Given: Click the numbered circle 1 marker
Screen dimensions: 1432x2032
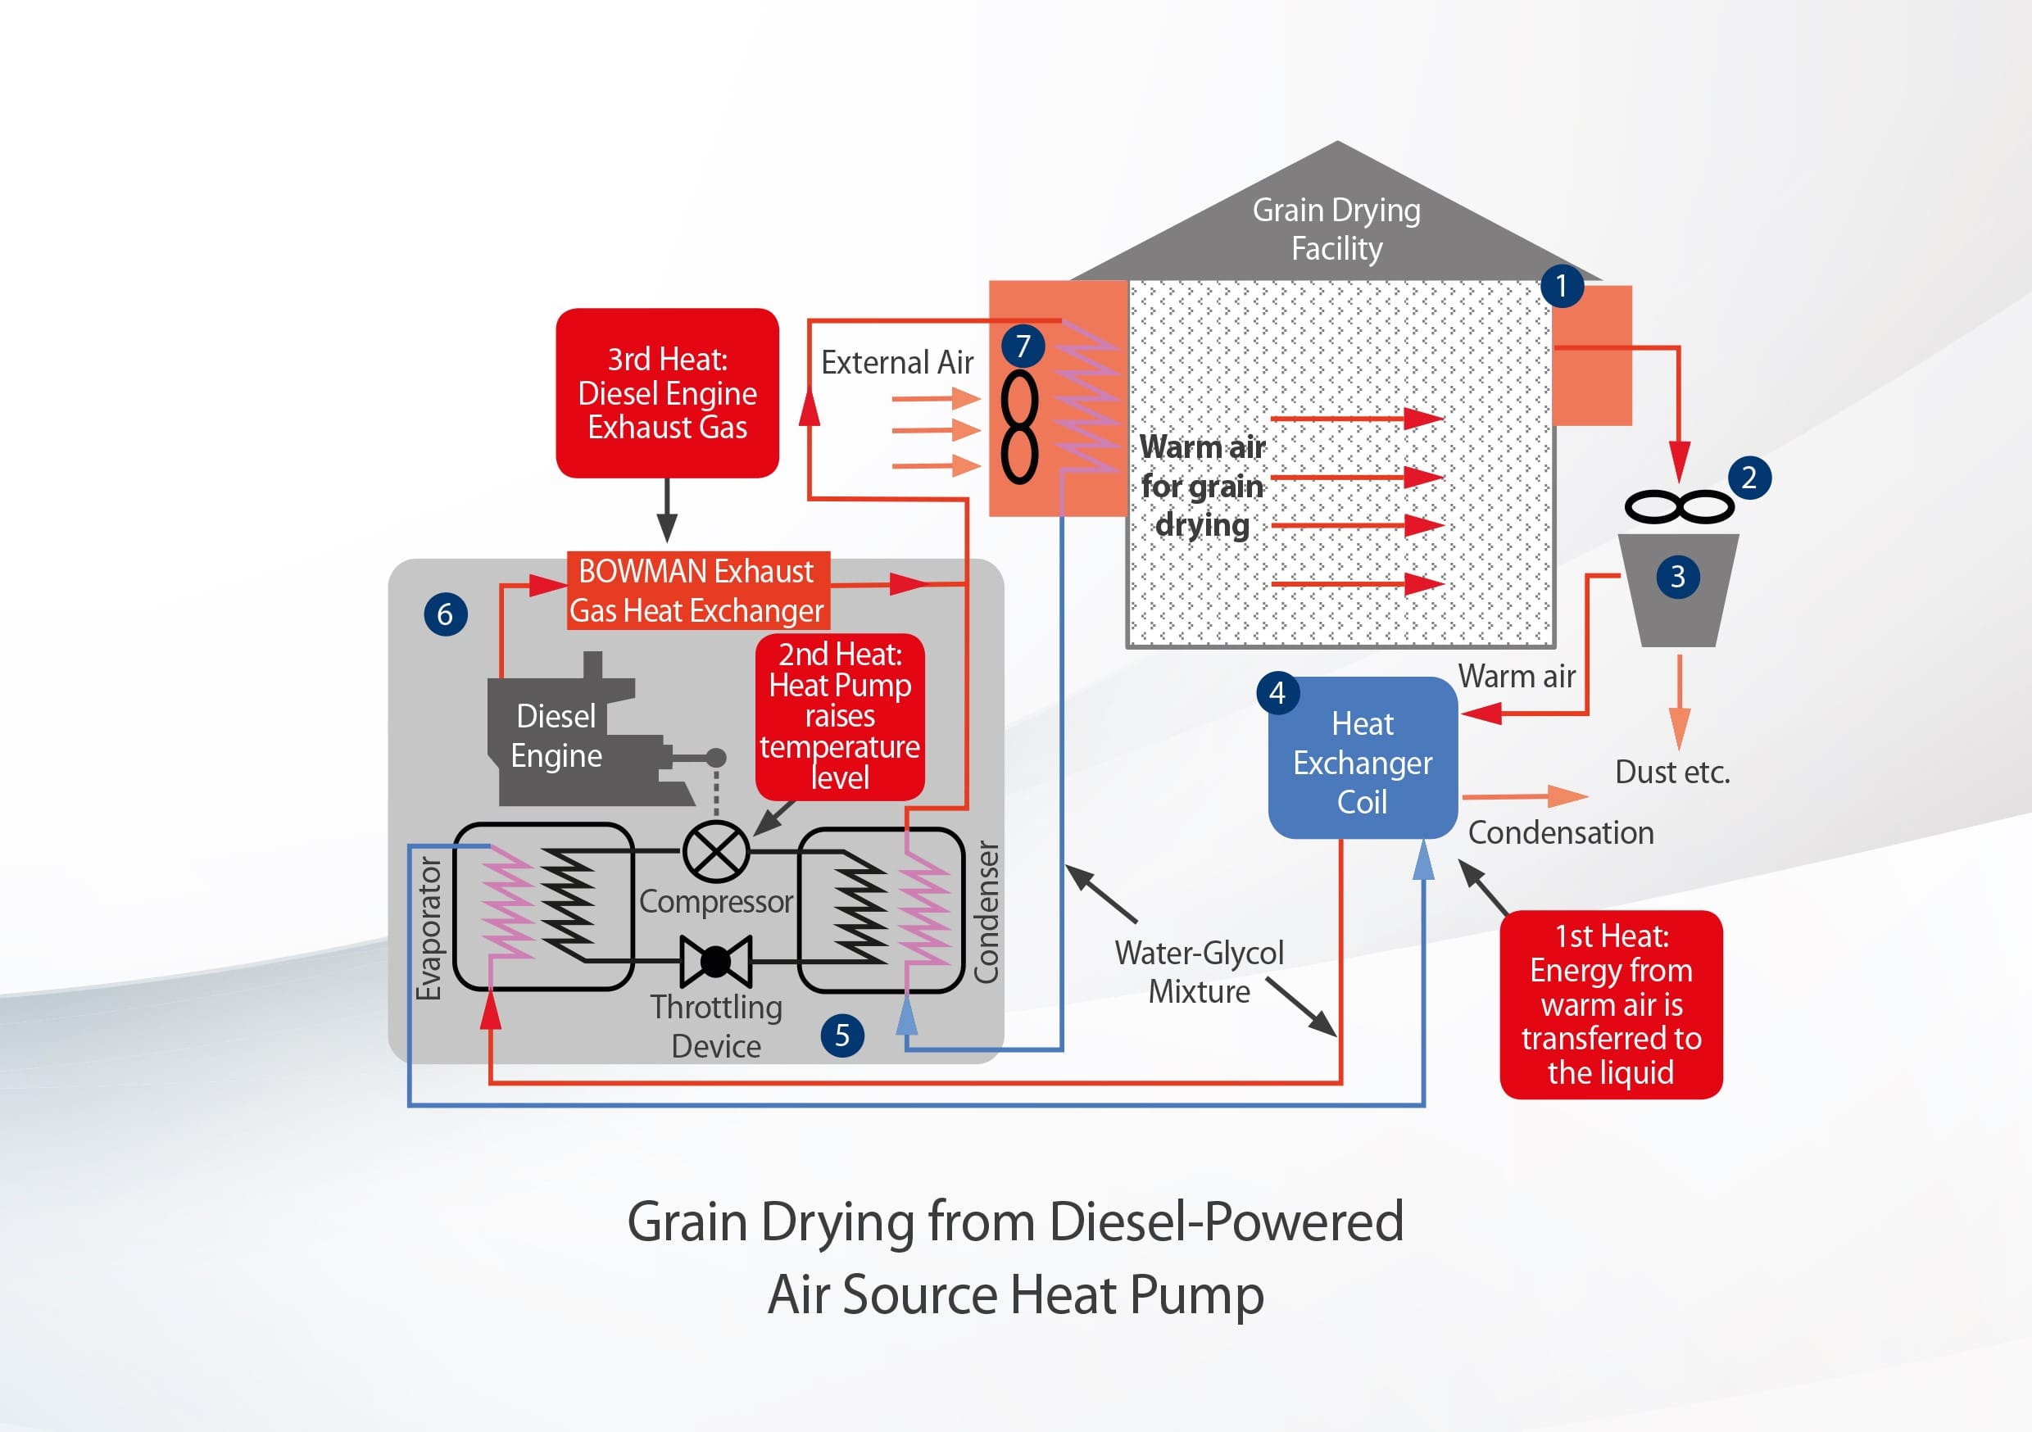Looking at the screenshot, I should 1561,286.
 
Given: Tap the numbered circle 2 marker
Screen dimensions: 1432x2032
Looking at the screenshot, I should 1749,478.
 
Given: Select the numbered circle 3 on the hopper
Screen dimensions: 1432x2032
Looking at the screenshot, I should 1677,577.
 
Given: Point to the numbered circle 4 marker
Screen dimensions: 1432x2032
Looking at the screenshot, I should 1277,693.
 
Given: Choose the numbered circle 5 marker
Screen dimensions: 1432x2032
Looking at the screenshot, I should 841,1035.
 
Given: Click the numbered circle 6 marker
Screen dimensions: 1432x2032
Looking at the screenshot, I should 445,614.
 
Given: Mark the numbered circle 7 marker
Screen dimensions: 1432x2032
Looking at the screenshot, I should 1023,346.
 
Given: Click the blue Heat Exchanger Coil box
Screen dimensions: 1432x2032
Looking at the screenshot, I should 1362,762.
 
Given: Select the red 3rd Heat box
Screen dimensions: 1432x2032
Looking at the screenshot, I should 667,393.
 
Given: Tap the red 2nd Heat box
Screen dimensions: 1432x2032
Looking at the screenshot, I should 839,716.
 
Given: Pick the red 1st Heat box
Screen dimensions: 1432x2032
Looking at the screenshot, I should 1611,1004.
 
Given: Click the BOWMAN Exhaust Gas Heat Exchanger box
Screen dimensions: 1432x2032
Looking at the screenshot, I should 697,591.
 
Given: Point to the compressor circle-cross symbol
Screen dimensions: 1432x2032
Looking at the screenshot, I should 716,851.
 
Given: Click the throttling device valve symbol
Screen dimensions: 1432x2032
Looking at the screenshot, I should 716,961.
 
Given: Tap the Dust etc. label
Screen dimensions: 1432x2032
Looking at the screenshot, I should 1671,773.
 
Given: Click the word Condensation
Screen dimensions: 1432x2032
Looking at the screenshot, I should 1560,833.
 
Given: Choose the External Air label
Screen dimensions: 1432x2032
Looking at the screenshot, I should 896,363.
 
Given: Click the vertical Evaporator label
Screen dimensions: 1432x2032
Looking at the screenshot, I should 429,928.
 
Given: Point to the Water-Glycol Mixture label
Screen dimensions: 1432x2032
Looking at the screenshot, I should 1200,972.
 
